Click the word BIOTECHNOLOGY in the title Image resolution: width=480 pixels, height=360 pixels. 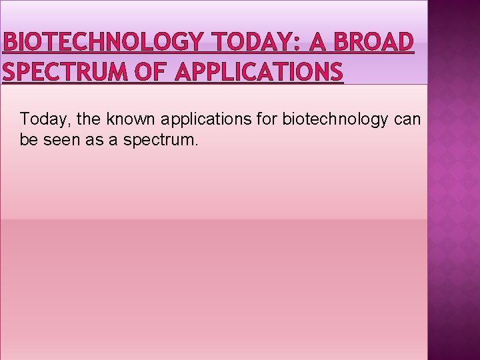coord(101,42)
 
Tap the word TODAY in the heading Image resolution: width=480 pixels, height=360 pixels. coord(247,42)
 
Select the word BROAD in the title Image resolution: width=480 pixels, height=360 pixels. coord(373,42)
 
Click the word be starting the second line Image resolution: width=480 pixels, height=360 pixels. coord(28,141)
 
